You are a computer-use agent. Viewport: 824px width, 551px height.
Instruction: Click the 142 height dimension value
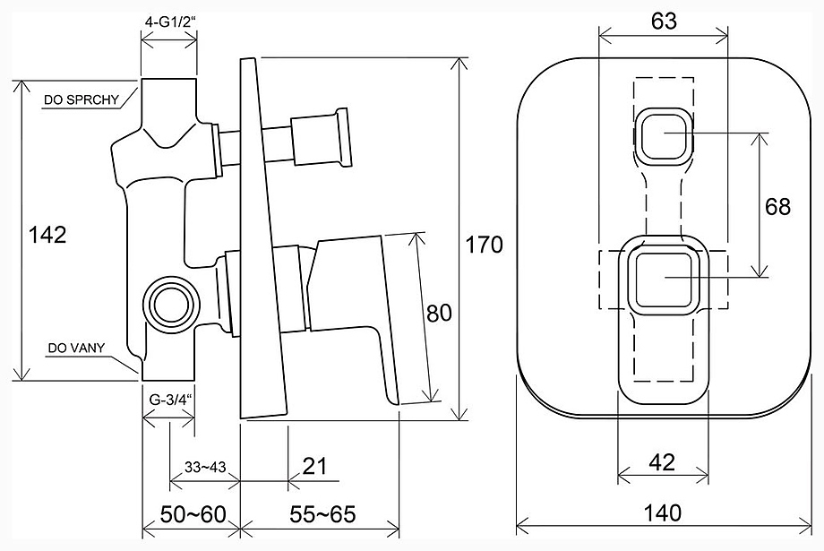coord(47,235)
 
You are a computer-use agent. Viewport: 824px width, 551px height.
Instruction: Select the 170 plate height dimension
coord(485,245)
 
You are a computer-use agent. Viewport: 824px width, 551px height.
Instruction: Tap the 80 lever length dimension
coord(440,314)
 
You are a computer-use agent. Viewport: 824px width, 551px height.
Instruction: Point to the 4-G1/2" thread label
coord(169,23)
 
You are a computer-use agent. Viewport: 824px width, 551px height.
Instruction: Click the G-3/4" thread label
coord(168,400)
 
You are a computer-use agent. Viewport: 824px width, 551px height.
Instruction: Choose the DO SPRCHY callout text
coord(82,99)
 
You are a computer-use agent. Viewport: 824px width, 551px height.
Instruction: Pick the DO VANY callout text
coord(76,348)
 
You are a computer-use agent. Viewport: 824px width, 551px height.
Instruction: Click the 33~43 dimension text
coord(205,467)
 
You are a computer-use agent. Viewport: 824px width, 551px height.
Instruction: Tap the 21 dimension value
coord(315,466)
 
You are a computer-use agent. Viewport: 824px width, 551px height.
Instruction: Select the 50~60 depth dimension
coord(193,514)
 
